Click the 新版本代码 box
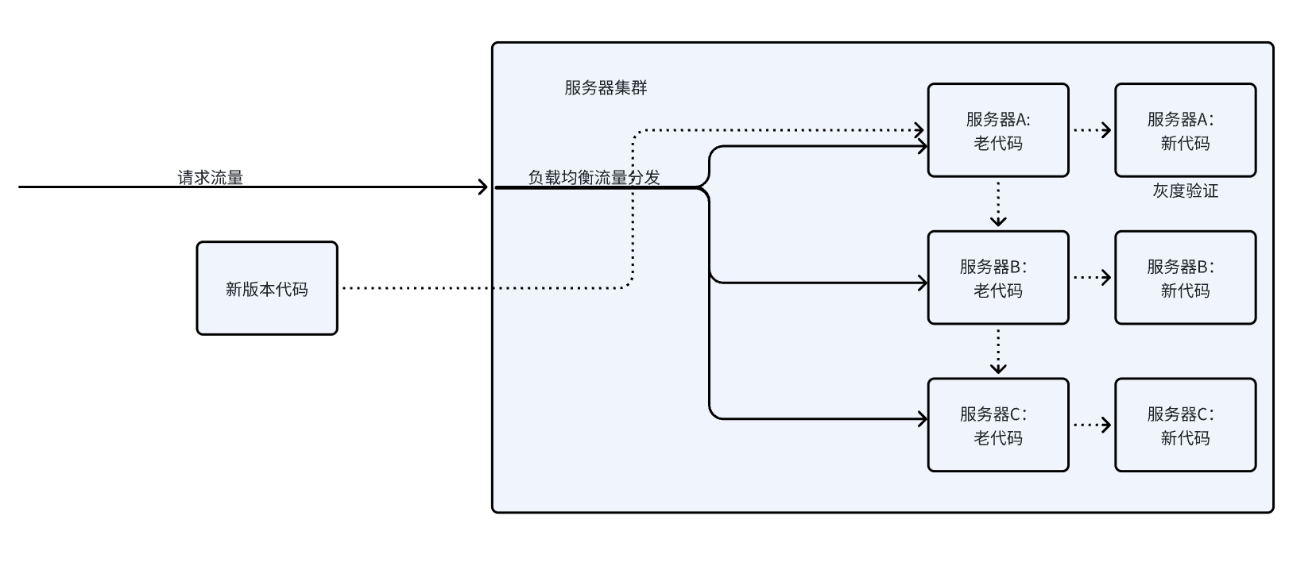(x=267, y=288)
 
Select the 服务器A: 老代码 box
(x=998, y=130)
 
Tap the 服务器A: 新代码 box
(x=1185, y=130)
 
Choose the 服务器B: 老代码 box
(x=998, y=278)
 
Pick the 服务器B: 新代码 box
(x=1185, y=278)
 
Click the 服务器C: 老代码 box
(x=998, y=425)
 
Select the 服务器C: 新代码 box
(x=1185, y=425)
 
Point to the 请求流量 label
(x=210, y=177)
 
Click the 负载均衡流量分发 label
(x=594, y=177)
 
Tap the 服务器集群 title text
(x=606, y=88)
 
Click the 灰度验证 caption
(x=1185, y=191)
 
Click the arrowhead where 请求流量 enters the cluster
(x=483, y=187)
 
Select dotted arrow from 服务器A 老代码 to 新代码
(x=1092, y=130)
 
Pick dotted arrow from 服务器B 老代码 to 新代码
(x=1092, y=278)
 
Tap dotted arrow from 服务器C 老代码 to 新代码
(x=1092, y=425)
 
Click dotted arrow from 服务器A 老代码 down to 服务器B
(x=998, y=204)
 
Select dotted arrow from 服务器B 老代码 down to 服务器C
(x=998, y=352)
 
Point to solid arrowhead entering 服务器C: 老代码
(x=923, y=418)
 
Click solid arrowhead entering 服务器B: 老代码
(x=923, y=283)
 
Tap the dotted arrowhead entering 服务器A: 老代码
(x=920, y=129)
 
